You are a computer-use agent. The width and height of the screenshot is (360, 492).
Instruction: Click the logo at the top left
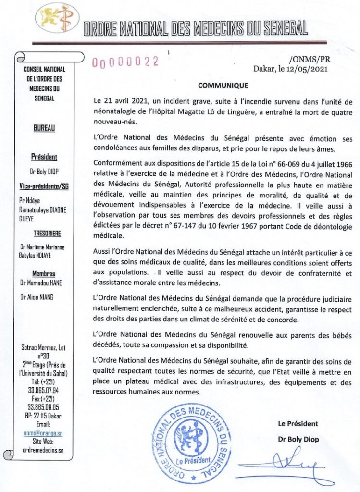(x=57, y=19)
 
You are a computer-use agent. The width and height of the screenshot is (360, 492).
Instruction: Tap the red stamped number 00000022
(x=125, y=61)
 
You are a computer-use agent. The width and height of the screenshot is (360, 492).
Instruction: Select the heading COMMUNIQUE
(x=223, y=86)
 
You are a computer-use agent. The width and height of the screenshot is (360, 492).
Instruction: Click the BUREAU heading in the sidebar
(x=44, y=128)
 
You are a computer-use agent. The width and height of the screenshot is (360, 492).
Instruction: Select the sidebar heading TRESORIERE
(x=47, y=234)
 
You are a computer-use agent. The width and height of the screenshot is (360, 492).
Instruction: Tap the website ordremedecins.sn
(x=43, y=450)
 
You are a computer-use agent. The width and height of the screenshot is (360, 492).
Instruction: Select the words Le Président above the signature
(x=298, y=423)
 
